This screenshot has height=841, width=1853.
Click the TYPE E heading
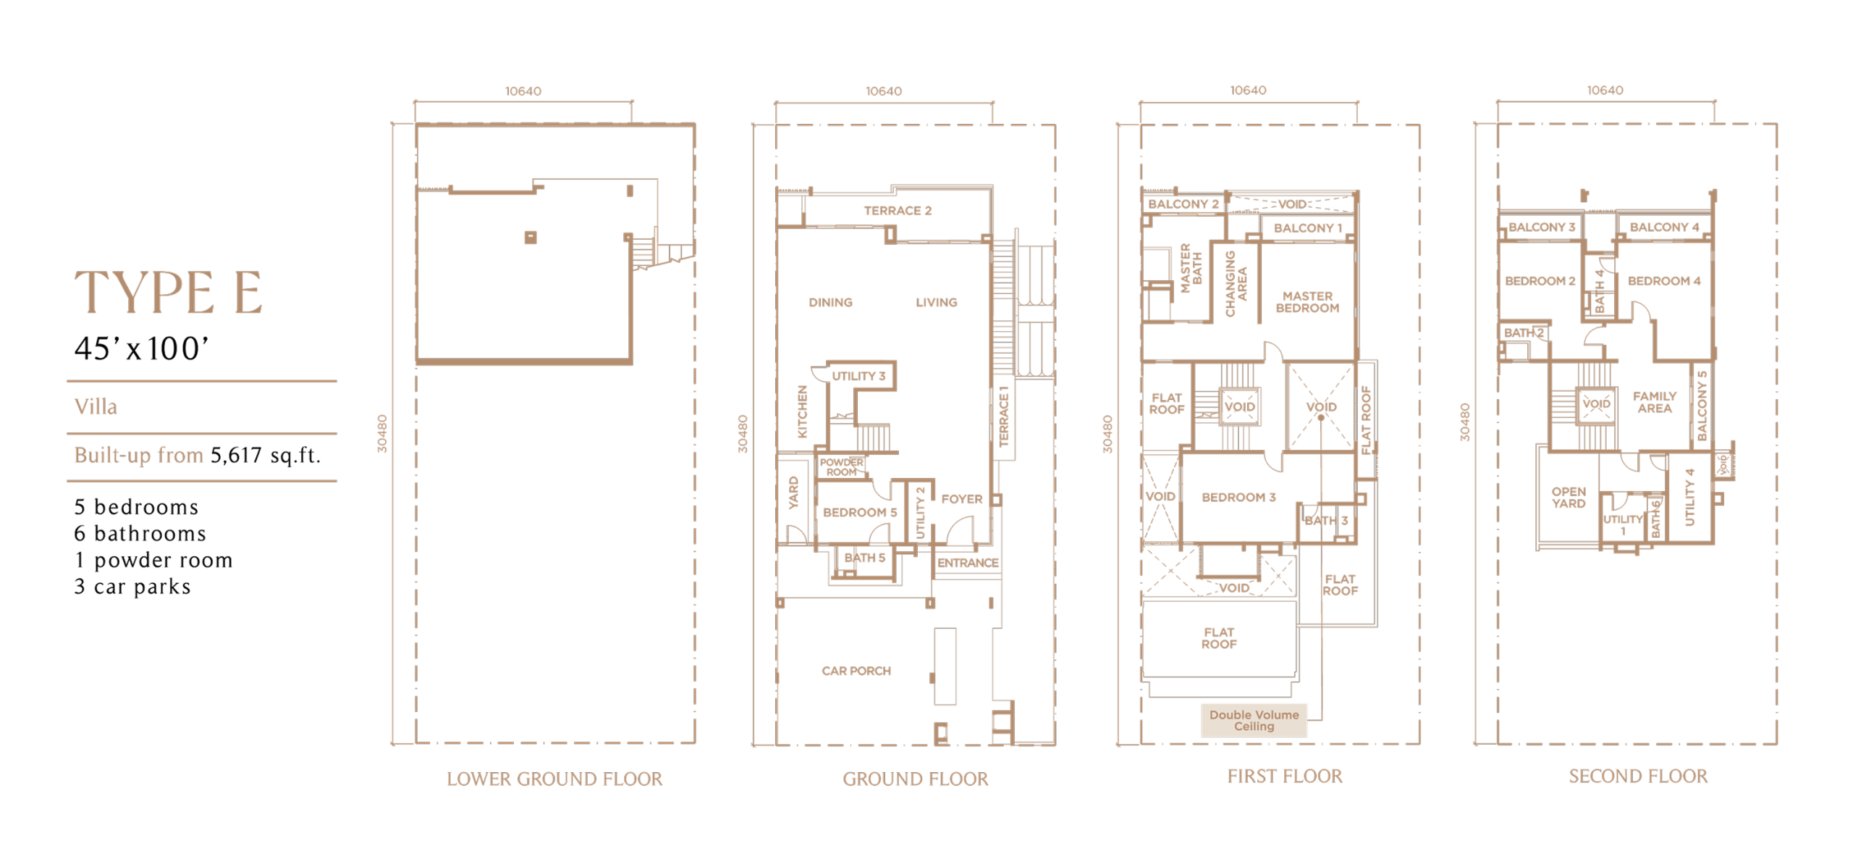pyautogui.click(x=168, y=292)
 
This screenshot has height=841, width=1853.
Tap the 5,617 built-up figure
pyautogui.click(x=236, y=455)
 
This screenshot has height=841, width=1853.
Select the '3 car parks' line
pyautogui.click(x=132, y=586)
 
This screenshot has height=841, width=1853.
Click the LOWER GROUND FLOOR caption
pyautogui.click(x=554, y=779)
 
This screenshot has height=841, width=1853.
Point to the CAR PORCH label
pyautogui.click(x=856, y=671)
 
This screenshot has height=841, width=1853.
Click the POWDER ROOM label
pyautogui.click(x=841, y=467)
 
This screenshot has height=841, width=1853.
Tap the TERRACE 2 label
pyautogui.click(x=898, y=211)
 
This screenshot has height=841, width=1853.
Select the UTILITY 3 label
pyautogui.click(x=858, y=376)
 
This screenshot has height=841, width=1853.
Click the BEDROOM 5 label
pyautogui.click(x=860, y=512)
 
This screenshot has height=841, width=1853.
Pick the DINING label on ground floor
pyautogui.click(x=830, y=302)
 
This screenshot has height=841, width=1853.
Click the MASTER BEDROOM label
pyautogui.click(x=1307, y=302)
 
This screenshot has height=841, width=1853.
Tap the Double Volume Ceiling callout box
pyautogui.click(x=1254, y=720)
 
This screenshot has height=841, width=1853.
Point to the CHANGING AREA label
pyautogui.click(x=1236, y=283)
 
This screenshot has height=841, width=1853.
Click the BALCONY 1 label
pyautogui.click(x=1308, y=228)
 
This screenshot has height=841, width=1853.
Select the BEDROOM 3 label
pyautogui.click(x=1238, y=497)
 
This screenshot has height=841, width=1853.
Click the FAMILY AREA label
pyautogui.click(x=1654, y=402)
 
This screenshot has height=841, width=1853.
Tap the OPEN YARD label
pyautogui.click(x=1568, y=498)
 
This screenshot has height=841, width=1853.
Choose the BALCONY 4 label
pyautogui.click(x=1664, y=227)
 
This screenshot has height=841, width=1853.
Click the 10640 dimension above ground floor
pyautogui.click(x=883, y=91)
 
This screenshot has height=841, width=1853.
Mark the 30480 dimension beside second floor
pyautogui.click(x=1464, y=422)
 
